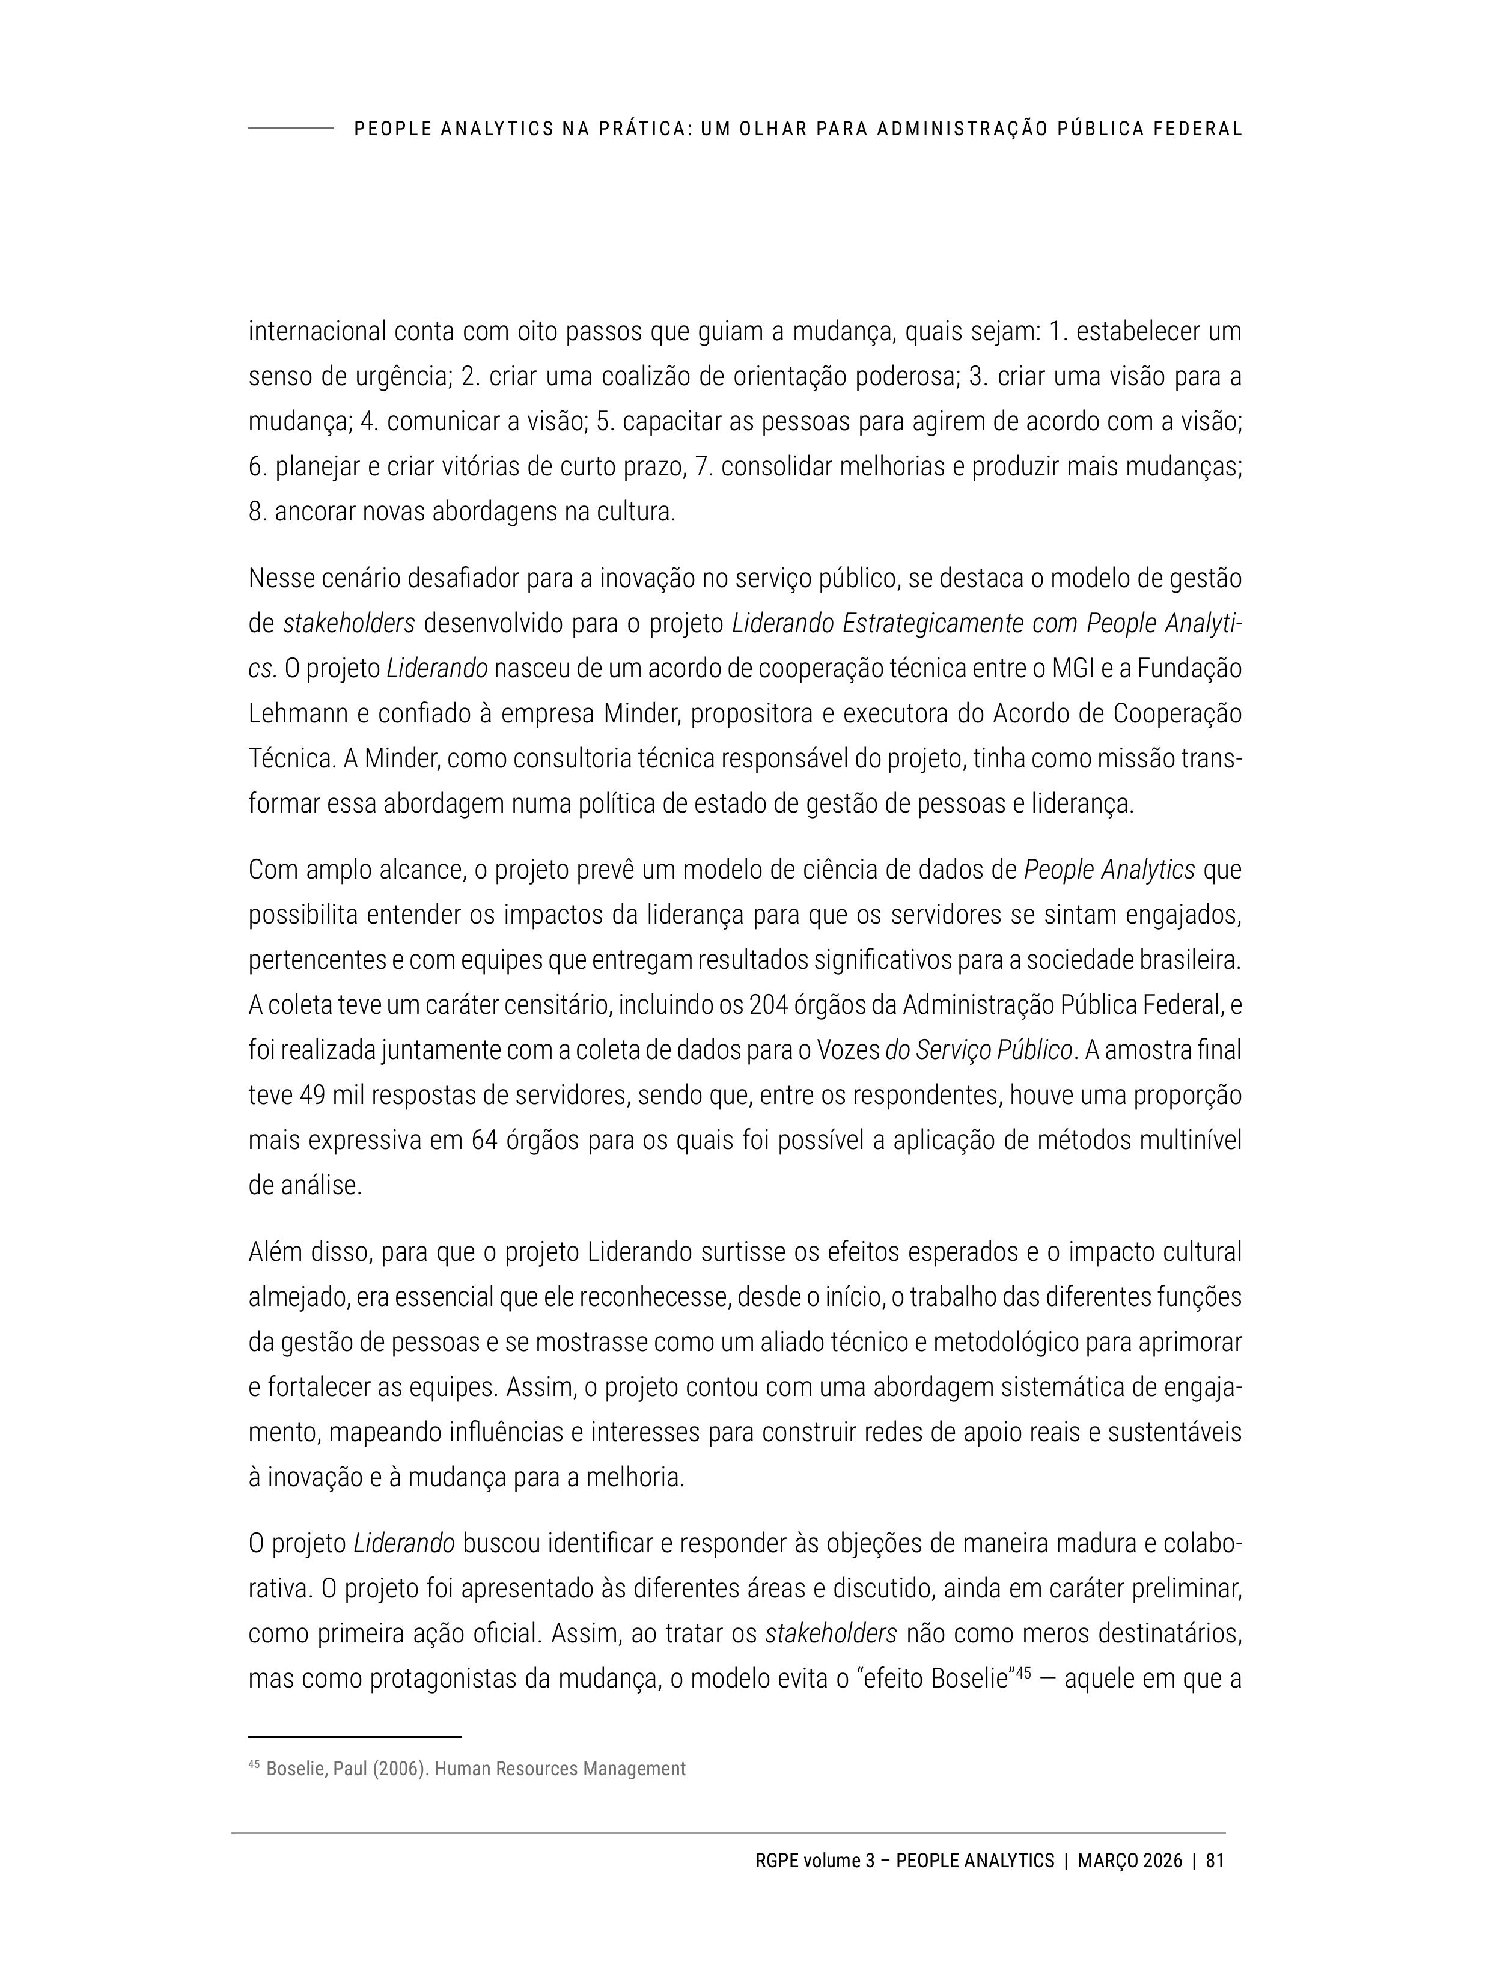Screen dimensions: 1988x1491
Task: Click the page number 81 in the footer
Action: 1214,1861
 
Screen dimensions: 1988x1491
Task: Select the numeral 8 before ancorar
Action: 255,512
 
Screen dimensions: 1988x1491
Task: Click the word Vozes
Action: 847,1050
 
